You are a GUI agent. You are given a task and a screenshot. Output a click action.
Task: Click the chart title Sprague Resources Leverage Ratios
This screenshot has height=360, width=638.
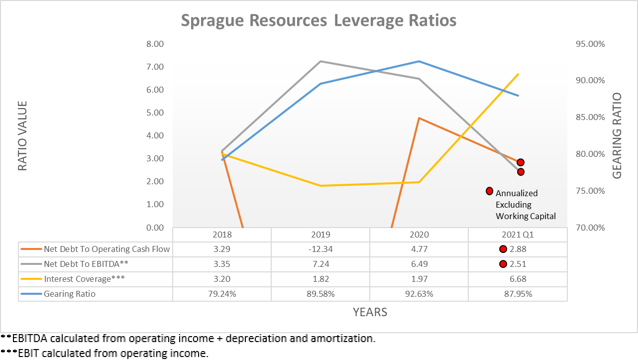pyautogui.click(x=319, y=20)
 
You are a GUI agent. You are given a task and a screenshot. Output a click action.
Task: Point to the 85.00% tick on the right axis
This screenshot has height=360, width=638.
pyautogui.click(x=589, y=118)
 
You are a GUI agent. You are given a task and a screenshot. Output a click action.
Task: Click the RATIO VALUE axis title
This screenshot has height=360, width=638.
pyautogui.click(x=22, y=136)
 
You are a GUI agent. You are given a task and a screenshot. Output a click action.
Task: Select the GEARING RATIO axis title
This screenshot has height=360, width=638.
pyautogui.click(x=617, y=136)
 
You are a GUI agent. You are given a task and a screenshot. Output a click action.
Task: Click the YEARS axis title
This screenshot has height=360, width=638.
pyautogui.click(x=370, y=312)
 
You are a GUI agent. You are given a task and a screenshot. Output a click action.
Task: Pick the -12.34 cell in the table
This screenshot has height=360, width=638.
pyautogui.click(x=320, y=249)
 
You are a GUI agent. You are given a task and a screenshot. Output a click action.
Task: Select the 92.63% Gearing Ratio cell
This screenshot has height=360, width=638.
pyautogui.click(x=419, y=294)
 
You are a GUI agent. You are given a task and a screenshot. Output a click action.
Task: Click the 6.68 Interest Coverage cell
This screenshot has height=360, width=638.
pyautogui.click(x=518, y=279)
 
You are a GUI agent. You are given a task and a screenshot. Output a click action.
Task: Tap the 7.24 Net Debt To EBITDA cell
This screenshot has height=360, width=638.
pyautogui.click(x=320, y=264)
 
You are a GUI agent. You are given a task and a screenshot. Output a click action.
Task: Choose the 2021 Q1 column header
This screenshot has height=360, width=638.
pyautogui.click(x=518, y=235)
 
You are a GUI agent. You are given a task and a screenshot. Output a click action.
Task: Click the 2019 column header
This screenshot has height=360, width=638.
pyautogui.click(x=320, y=235)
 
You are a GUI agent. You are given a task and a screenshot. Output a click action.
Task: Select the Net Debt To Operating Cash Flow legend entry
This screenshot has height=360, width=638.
pyautogui.click(x=106, y=249)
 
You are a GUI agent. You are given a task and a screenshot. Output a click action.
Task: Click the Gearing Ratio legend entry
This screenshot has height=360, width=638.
pyautogui.click(x=69, y=294)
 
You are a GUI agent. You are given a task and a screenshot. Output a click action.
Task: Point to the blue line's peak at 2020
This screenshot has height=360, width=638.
pyautogui.click(x=419, y=61)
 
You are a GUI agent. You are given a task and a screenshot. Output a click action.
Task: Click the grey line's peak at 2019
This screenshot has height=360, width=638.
pyautogui.click(x=320, y=61)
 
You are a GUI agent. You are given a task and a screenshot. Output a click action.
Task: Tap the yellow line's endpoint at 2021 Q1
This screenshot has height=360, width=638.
pyautogui.click(x=519, y=74)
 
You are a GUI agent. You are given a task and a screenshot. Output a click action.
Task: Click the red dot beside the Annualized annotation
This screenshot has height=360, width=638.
pyautogui.click(x=489, y=191)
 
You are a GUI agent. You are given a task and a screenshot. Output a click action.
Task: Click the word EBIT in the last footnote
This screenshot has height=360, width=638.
pyautogui.click(x=28, y=354)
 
